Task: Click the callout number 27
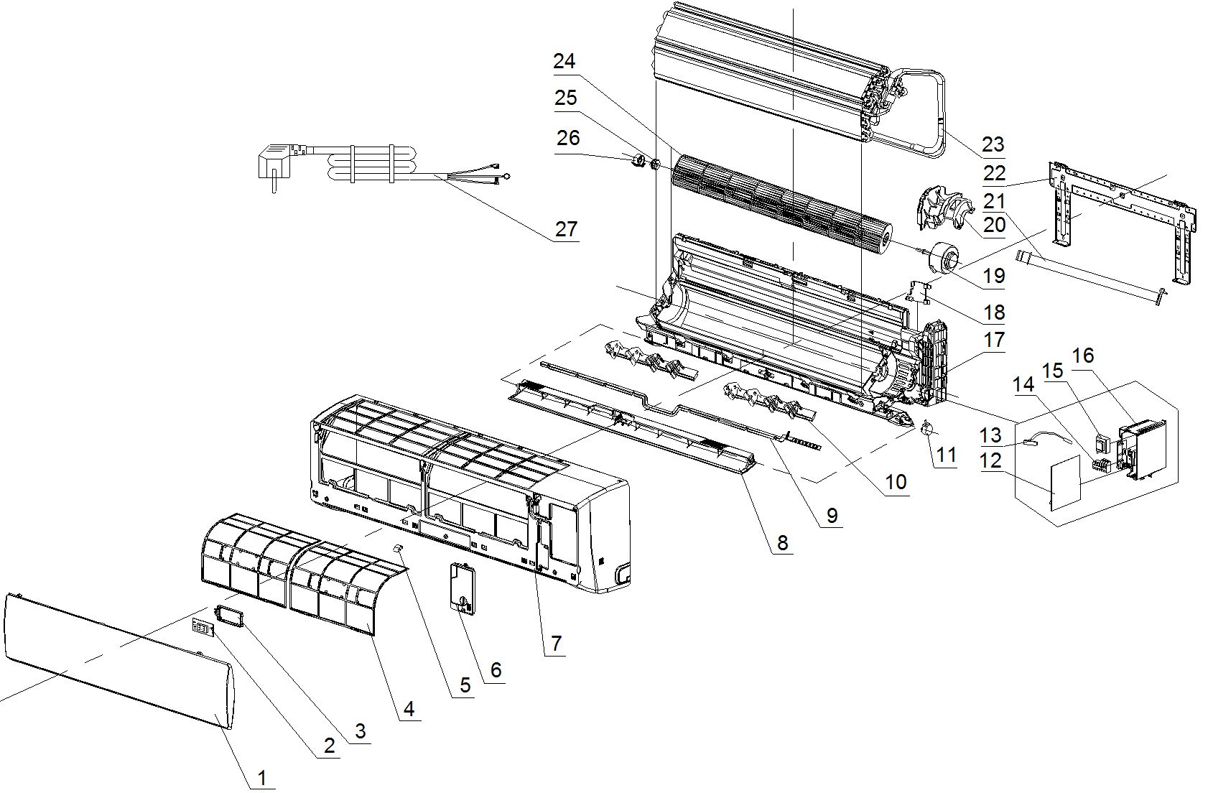coord(566,229)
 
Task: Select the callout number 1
coord(262,778)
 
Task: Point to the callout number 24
coord(564,62)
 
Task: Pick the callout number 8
coord(783,543)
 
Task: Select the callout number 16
coord(1083,355)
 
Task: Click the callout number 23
coord(993,144)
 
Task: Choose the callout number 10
coord(896,482)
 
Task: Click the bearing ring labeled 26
coord(639,160)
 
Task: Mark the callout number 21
coord(995,200)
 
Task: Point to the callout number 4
coord(409,709)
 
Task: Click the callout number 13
coord(990,435)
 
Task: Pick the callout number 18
coord(995,312)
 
